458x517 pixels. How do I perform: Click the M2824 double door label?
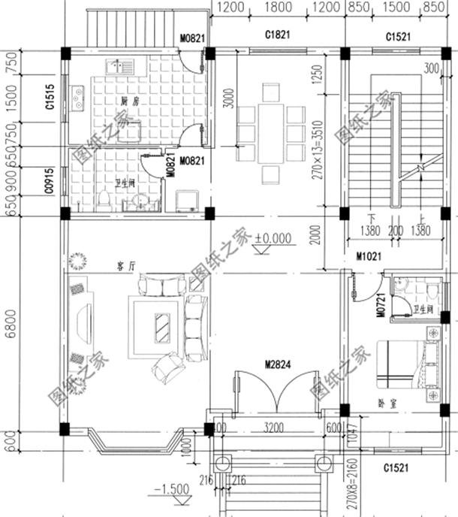click(277, 365)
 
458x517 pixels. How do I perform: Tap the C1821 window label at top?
click(277, 35)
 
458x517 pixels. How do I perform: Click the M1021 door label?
click(369, 257)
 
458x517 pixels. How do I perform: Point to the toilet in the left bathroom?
click(104, 199)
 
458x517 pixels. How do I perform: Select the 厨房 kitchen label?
click(128, 100)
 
